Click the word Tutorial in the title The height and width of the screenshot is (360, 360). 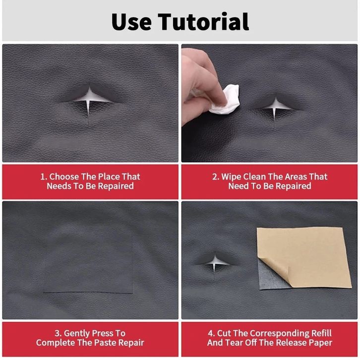(x=203, y=22)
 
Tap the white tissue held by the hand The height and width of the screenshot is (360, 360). (x=226, y=99)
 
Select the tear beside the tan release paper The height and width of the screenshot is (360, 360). (x=215, y=263)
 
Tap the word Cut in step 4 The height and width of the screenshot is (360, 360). (x=224, y=333)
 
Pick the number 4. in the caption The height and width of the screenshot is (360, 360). (x=211, y=333)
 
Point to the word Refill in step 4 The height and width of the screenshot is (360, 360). (x=321, y=333)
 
